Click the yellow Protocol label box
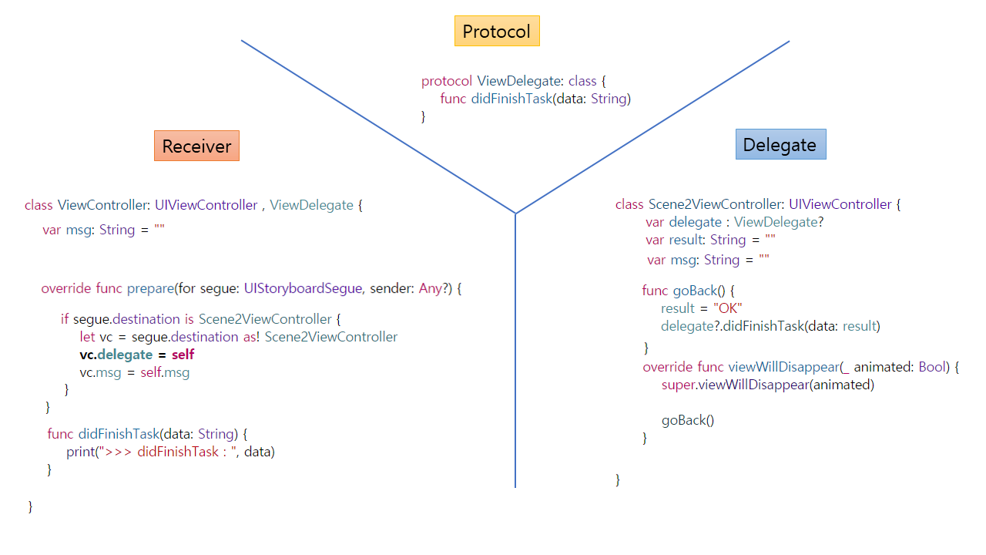497,32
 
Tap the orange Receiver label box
196,146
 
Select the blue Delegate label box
780,144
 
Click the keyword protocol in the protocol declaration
447,81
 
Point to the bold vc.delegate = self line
136,355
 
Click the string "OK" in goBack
727,308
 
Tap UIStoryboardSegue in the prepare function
303,288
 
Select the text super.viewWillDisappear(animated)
767,385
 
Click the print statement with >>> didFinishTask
170,452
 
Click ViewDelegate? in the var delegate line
779,222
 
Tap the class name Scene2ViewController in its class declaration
716,204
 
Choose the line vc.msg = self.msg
134,372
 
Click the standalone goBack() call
688,420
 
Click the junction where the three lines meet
515,214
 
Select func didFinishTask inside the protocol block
535,99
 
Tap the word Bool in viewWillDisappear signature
931,367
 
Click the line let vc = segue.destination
238,337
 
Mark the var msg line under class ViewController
104,230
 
